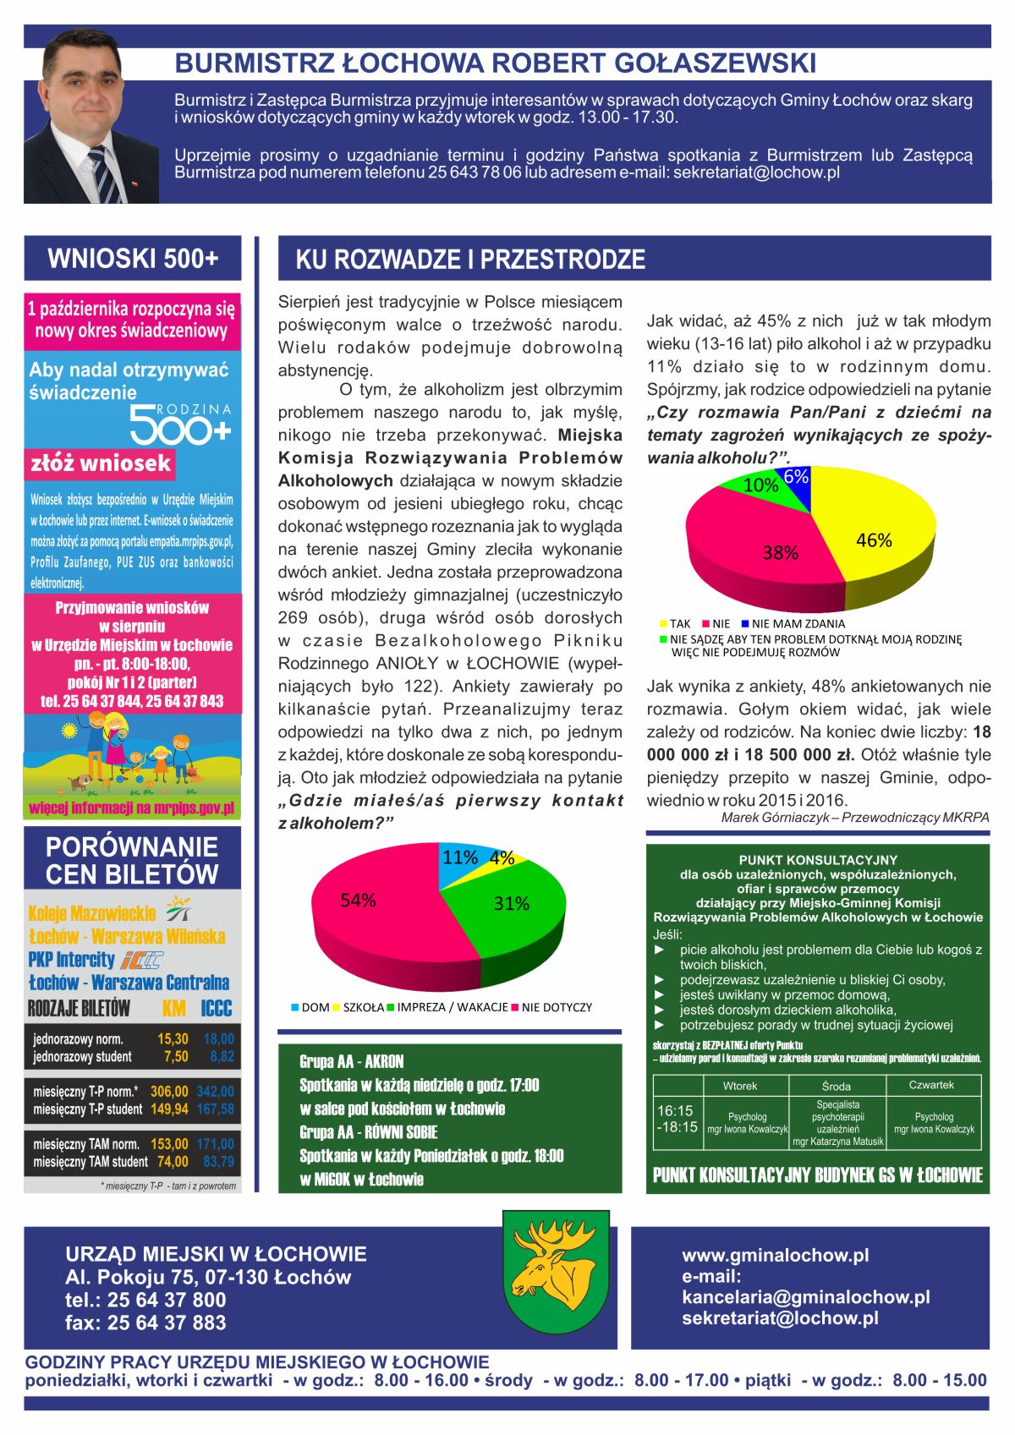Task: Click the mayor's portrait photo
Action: tap(92, 116)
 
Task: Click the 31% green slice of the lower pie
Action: tap(512, 909)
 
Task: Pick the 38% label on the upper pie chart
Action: tap(780, 553)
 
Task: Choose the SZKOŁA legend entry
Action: tap(359, 1007)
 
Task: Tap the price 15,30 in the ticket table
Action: tap(173, 1039)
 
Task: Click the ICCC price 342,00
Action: tap(215, 1092)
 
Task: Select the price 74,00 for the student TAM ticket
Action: tap(173, 1162)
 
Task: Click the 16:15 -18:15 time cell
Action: tap(677, 1119)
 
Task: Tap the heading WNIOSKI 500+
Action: tap(133, 258)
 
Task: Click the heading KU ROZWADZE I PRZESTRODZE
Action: tap(470, 260)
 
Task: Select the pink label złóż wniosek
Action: tap(101, 463)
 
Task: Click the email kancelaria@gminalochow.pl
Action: tap(805, 1297)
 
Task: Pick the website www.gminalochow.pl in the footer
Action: tap(775, 1255)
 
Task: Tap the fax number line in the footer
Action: tap(145, 1323)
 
